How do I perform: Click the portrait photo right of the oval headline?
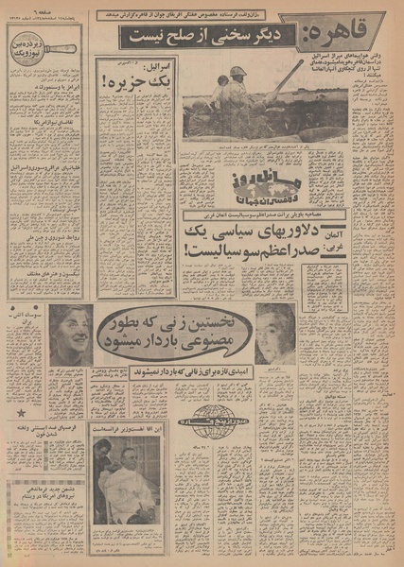tap(275, 333)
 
